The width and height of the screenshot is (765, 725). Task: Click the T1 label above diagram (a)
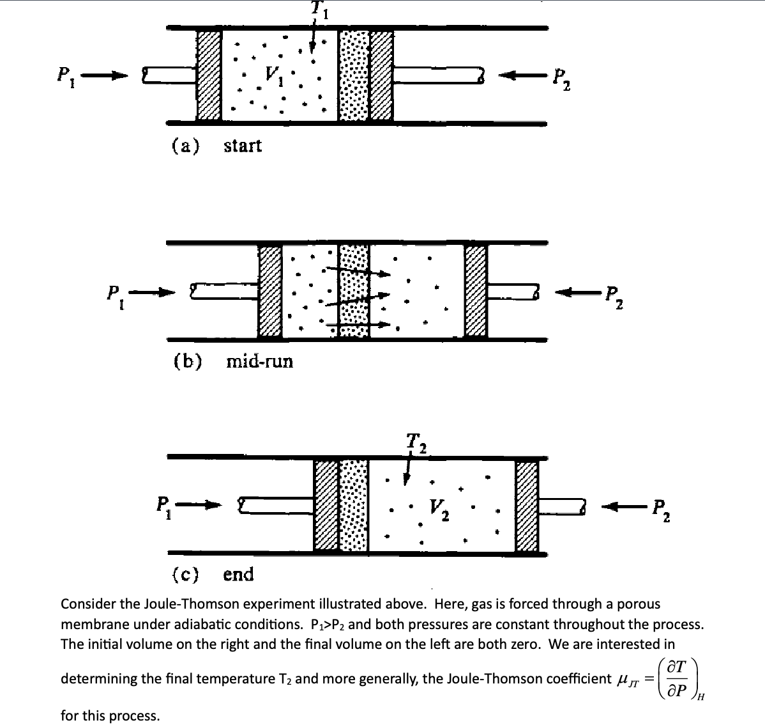[x=317, y=8]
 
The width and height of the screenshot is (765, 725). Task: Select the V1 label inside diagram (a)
[x=274, y=79]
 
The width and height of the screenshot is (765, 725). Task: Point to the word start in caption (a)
[x=243, y=146]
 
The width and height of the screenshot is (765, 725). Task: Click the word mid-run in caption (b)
[x=260, y=361]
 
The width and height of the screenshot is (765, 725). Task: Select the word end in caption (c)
[x=238, y=574]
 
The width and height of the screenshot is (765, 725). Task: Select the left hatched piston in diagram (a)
[x=208, y=75]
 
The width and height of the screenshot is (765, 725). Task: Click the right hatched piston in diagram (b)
[x=476, y=291]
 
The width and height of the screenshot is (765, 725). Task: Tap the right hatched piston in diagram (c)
[x=527, y=506]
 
